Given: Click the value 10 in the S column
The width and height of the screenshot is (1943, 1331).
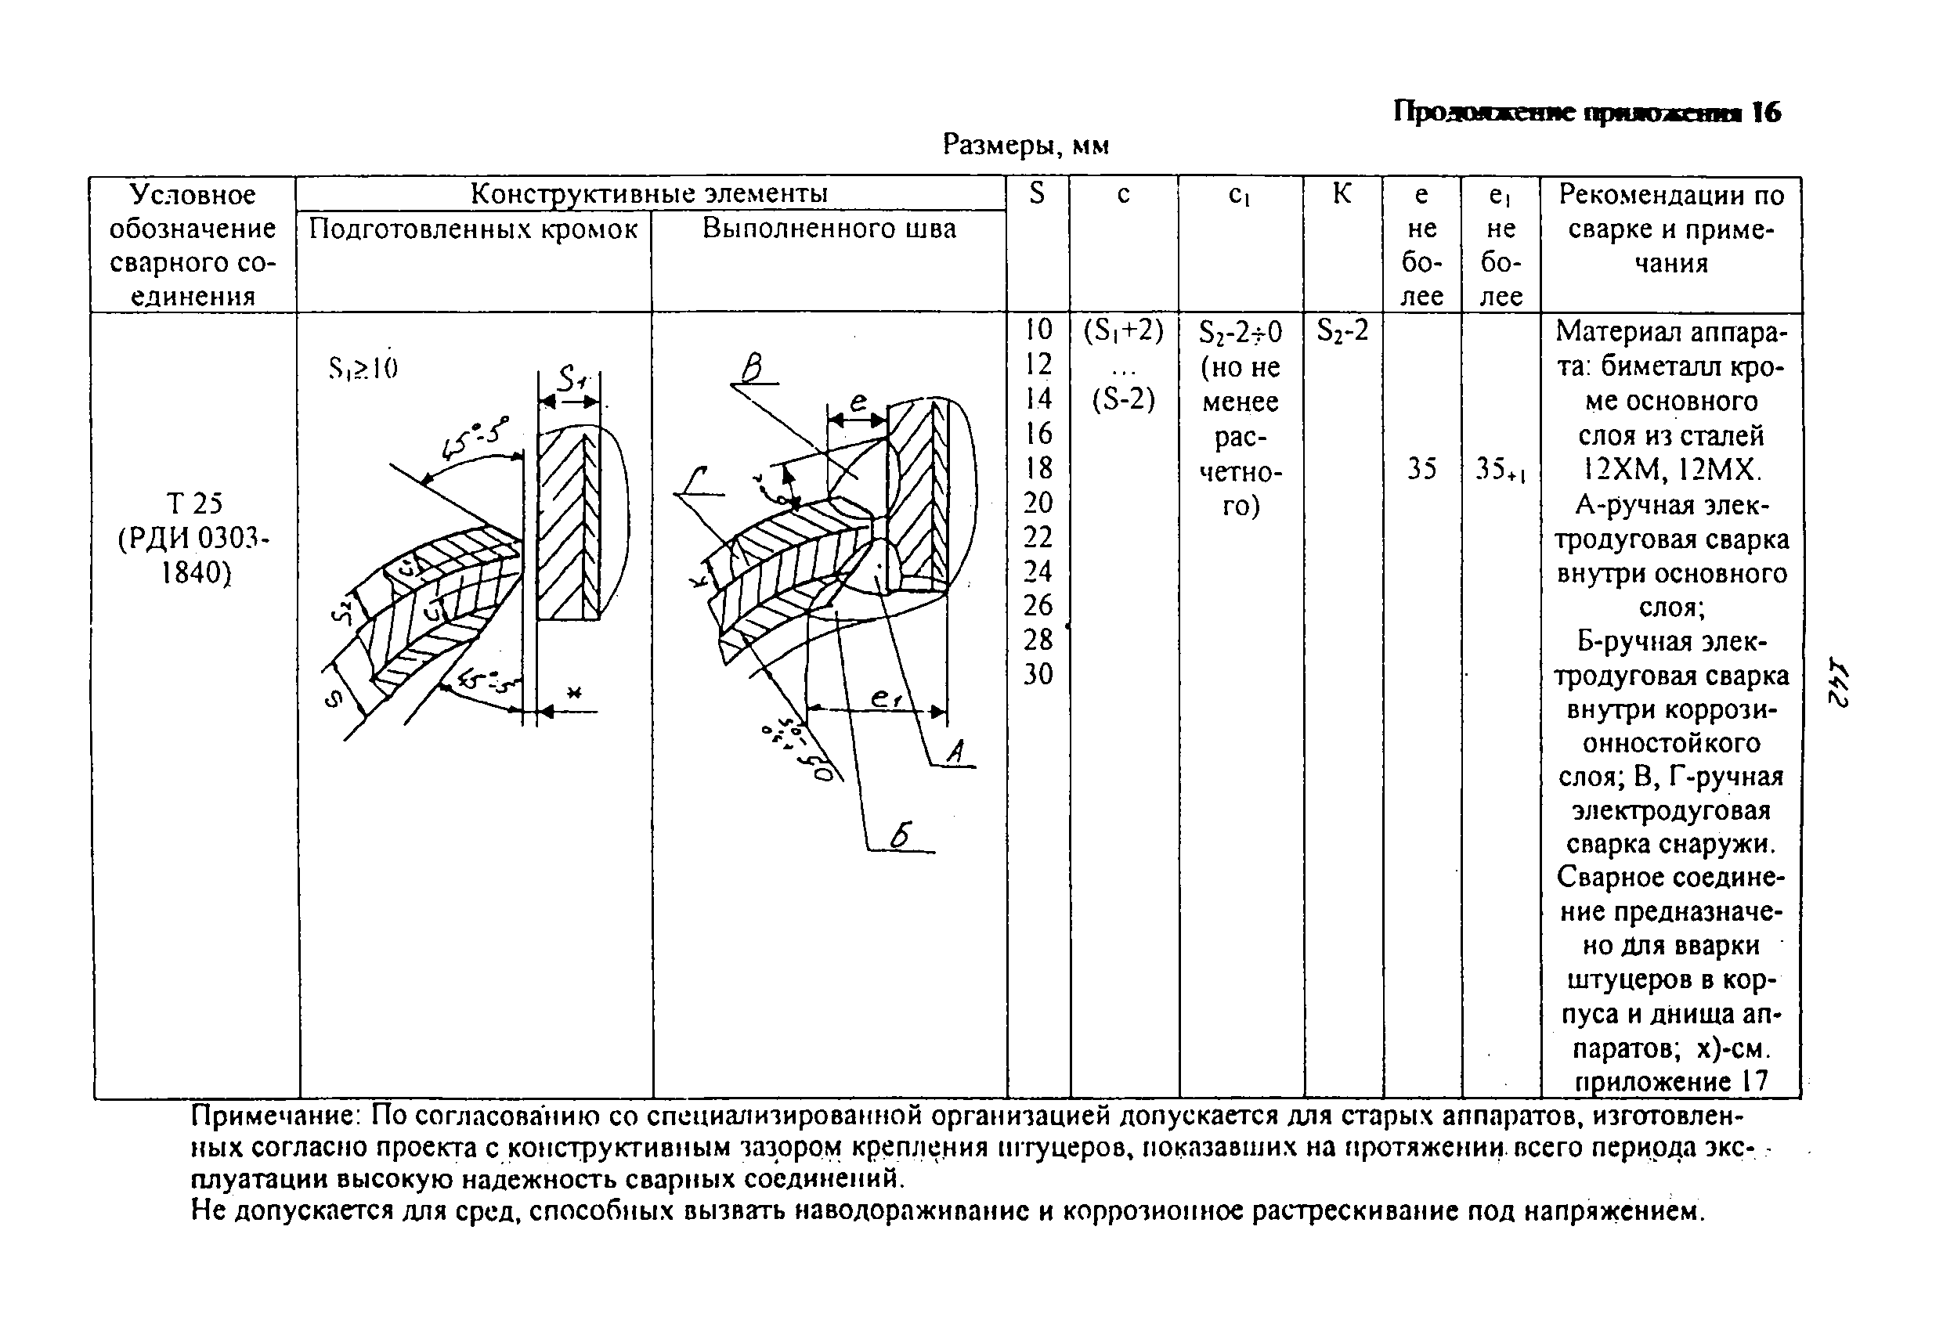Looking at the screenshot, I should tap(1038, 330).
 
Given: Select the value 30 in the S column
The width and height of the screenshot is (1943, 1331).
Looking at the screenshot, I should tap(1038, 674).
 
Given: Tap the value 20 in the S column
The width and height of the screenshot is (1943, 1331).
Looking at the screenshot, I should tap(1038, 503).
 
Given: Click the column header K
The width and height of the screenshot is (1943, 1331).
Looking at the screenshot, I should tap(1341, 195).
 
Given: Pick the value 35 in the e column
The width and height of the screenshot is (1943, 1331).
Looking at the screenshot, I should tap(1421, 469).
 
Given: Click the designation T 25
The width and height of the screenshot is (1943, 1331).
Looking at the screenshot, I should tap(194, 503).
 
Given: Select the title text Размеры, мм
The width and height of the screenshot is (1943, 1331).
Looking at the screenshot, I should tap(1025, 146).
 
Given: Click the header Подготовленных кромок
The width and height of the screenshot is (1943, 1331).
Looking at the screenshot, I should tap(473, 229).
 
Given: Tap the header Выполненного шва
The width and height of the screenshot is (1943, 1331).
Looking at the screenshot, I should tap(829, 229).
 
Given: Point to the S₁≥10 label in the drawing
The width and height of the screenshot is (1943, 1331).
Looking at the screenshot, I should tap(363, 368).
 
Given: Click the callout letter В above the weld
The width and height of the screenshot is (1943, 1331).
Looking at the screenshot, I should tap(753, 368).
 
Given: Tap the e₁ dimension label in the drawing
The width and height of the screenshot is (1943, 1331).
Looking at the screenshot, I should tap(883, 698).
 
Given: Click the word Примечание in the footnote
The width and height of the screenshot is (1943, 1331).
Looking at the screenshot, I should tap(276, 1117).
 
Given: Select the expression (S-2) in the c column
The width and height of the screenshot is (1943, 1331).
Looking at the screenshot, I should tap(1123, 400).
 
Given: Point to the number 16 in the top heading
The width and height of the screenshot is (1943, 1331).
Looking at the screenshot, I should tap(1766, 112).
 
